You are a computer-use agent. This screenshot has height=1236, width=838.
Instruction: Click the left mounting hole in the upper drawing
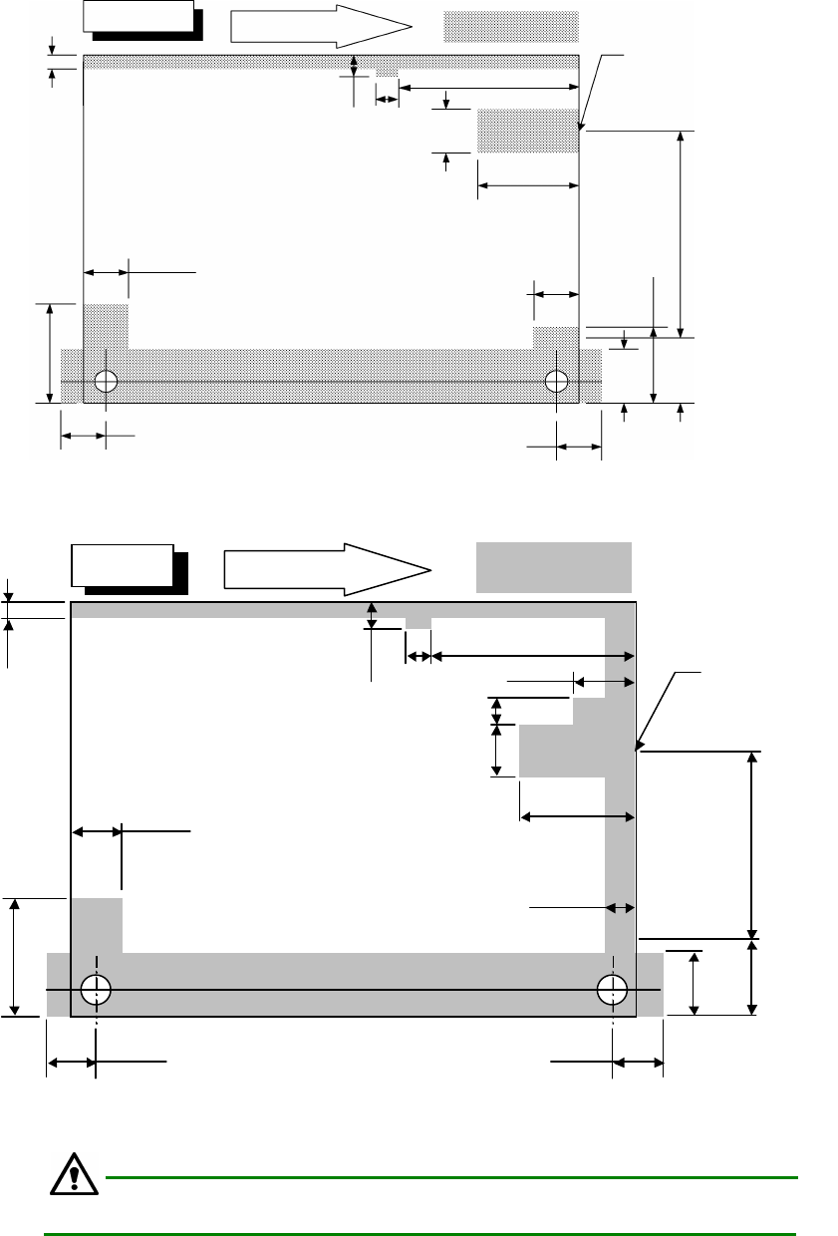pos(106,380)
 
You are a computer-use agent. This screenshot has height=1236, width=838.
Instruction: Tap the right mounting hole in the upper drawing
pos(557,380)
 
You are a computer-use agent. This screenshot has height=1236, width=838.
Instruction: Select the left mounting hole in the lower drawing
pos(97,989)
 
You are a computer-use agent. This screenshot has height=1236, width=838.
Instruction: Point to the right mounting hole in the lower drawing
pos(612,989)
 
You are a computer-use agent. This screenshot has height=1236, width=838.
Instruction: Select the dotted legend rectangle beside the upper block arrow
pos(511,27)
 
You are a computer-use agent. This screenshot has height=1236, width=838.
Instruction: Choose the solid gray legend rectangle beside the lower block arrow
pos(553,567)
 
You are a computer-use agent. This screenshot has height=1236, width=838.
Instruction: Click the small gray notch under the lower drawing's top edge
pos(419,623)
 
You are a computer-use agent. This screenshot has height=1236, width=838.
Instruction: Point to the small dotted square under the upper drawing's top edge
pos(387,75)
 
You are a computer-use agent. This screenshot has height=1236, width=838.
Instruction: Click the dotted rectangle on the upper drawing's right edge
pos(528,131)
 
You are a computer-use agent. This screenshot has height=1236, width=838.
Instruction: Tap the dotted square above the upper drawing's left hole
pos(106,326)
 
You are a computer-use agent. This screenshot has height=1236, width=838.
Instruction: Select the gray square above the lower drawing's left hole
pos(97,925)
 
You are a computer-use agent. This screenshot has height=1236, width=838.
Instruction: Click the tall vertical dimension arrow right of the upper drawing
pos(681,234)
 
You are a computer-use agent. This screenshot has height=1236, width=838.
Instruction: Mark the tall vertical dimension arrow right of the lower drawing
pos(752,844)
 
